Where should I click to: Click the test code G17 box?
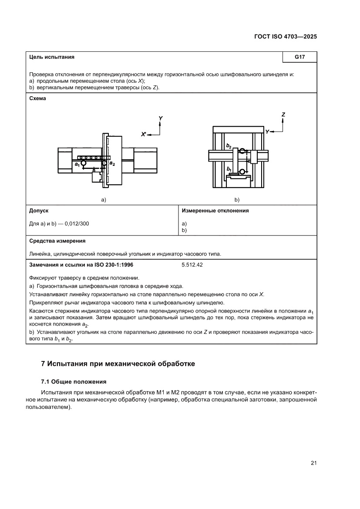pos(299,57)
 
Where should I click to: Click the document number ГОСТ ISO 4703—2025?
pos(285,37)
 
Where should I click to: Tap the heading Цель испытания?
pos(51,57)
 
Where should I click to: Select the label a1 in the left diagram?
pos(77,164)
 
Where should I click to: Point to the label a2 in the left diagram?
pos(112,163)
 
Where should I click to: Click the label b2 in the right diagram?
pos(229,146)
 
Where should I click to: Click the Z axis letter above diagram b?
pos(283,115)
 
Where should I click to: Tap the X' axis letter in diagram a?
pos(144,135)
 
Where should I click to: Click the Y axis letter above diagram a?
pos(161,118)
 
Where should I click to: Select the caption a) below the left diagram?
pos(104,200)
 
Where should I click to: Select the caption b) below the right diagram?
pos(237,200)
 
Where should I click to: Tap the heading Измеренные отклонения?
pos(215,211)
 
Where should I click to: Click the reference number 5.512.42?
pos(192,264)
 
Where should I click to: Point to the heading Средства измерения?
pos(57,240)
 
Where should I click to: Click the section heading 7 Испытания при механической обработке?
pos(118,364)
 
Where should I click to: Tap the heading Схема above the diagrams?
pos(37,98)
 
